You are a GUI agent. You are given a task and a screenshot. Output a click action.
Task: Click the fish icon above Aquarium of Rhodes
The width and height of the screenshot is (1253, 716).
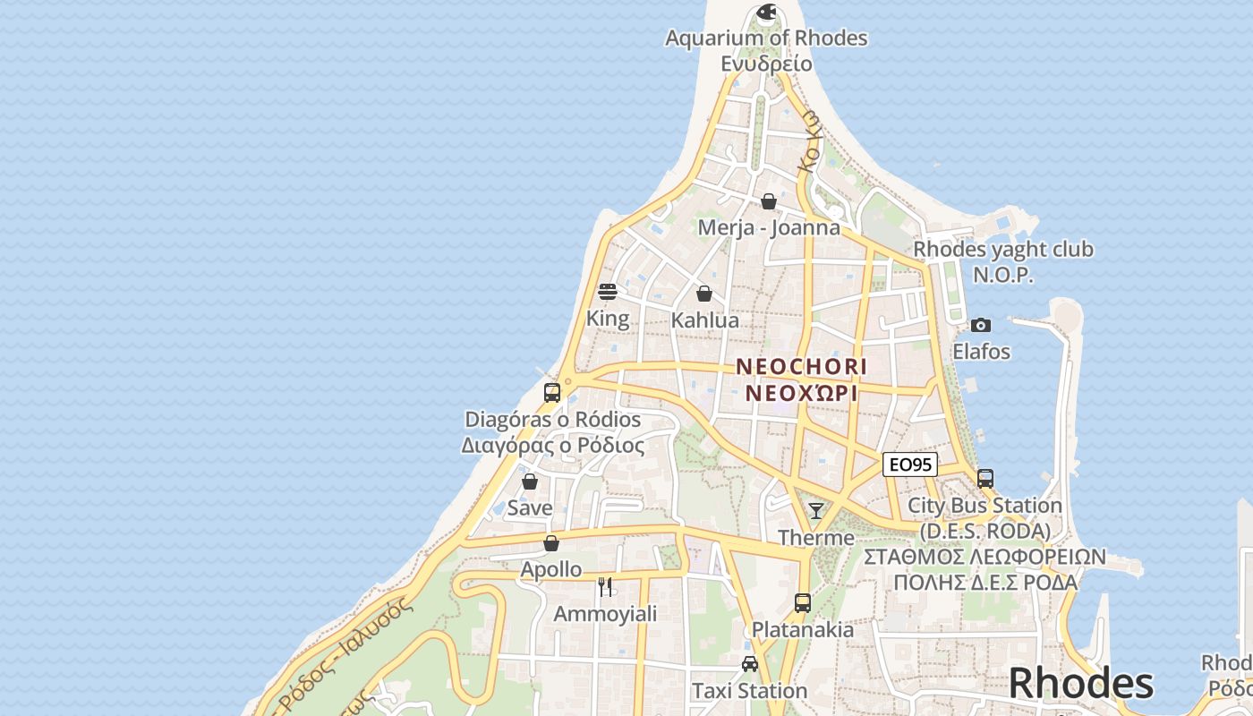pos(766,13)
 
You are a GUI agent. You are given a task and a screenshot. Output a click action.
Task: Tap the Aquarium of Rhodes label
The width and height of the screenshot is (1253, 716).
pos(766,38)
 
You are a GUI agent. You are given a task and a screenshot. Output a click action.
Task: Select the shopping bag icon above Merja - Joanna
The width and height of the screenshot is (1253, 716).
pos(769,201)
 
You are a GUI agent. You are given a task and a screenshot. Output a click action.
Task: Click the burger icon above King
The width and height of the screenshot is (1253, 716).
pos(608,292)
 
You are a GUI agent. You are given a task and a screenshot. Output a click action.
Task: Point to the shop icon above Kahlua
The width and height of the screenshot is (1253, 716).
pos(704,294)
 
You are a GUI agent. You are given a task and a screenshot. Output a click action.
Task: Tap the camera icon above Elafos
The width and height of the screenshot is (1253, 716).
pos(981,325)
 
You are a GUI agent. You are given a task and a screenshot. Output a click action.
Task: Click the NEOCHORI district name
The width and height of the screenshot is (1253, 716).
pos(801,366)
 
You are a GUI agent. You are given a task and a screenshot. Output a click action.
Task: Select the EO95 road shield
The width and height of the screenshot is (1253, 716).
pos(910,465)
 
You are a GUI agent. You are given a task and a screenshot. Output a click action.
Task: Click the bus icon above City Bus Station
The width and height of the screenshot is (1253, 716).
pos(985,479)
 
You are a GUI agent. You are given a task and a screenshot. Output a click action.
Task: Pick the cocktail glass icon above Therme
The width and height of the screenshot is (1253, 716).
pos(815,511)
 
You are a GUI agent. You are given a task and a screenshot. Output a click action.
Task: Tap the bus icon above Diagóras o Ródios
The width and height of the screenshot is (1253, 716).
pos(552,392)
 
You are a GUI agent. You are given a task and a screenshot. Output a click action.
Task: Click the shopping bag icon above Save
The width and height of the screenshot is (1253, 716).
pos(530,482)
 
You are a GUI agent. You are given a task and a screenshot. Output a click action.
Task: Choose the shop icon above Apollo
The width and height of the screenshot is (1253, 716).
pos(551,543)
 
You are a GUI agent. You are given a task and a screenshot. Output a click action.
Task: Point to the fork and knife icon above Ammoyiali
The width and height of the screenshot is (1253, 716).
pos(605,587)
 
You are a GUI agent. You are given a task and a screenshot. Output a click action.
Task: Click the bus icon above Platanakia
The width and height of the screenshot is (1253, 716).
pos(803,603)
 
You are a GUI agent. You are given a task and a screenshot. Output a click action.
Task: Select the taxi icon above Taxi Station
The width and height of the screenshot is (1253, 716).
pos(750,664)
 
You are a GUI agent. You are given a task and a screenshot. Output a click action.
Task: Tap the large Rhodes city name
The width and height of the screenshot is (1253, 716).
pos(1080,684)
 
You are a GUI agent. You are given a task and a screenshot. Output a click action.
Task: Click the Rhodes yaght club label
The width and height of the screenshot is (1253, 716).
pos(1002,250)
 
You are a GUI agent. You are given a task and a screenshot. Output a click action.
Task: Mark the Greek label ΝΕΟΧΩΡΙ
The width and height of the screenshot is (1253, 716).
pos(801,393)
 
